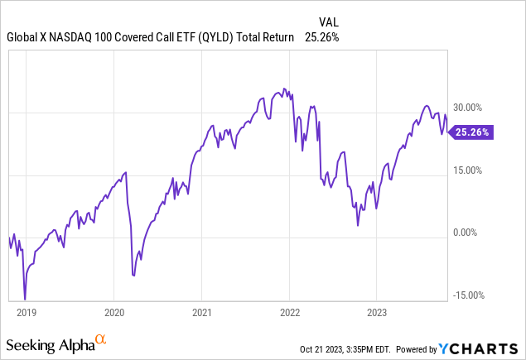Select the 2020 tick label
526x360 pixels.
coord(113,313)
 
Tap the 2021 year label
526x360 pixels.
coord(201,313)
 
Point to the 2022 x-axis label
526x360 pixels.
coord(289,313)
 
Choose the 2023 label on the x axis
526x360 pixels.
coord(377,313)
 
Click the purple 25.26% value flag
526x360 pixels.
coord(471,132)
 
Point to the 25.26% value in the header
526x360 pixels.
coord(321,37)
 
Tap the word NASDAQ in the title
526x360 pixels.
coord(71,37)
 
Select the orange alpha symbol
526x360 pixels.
coord(100,339)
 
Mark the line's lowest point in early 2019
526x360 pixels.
coord(25,300)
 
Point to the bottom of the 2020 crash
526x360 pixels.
coord(133,275)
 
